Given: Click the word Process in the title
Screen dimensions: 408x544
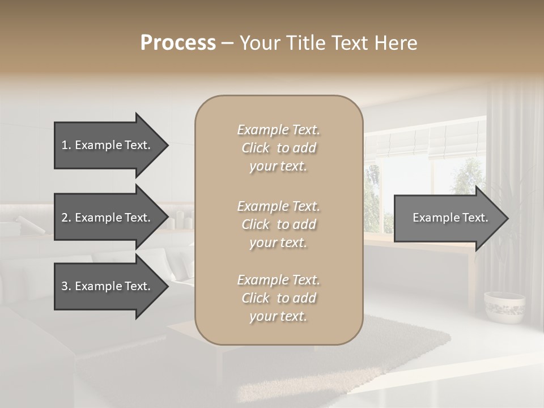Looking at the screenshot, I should [178, 43].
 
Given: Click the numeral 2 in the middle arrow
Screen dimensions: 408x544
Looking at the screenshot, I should [65, 218].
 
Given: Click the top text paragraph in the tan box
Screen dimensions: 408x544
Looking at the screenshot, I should [278, 148].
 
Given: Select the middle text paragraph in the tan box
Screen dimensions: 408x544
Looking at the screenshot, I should [278, 224].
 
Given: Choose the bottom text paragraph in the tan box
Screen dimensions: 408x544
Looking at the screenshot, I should [278, 298].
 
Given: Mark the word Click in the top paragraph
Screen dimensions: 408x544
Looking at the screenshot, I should [256, 148].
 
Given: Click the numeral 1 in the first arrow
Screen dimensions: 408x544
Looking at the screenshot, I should [65, 145].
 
